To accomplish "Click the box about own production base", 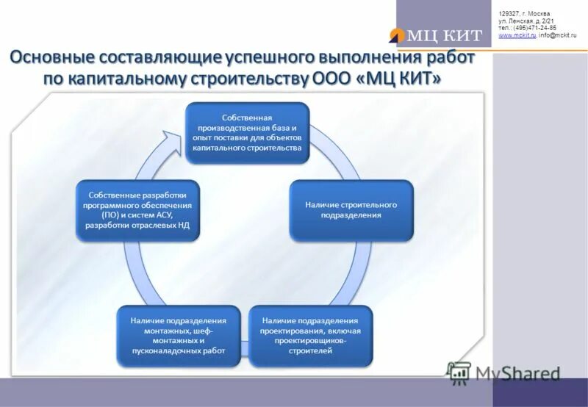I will pos(247,133).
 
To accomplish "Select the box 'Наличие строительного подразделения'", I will pos(351,210).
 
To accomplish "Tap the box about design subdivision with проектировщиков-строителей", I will pos(309,336).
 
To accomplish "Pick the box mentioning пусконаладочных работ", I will pos(179,336).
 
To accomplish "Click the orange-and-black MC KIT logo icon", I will pos(398,35).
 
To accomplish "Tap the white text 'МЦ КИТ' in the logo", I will pos(444,35).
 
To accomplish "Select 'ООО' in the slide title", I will pos(331,79).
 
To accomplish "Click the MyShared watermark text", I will pos(517,373).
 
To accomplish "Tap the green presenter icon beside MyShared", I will pos(459,373).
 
